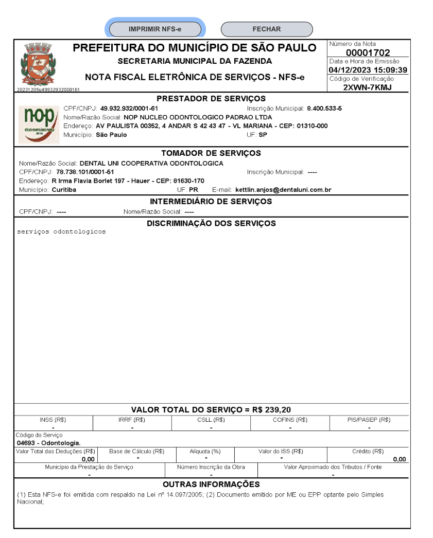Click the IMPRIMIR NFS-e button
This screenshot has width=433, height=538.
154,29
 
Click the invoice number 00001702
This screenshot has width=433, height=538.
368,53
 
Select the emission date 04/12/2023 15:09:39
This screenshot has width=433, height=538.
368,70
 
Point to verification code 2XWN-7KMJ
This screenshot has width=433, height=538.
368,87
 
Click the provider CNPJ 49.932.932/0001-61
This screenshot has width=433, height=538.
129,109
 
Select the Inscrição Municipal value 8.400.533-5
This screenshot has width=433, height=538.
324,109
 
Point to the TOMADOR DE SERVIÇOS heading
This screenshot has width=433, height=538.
211,153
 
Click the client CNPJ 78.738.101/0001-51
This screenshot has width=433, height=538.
85,172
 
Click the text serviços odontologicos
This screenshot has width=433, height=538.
61,231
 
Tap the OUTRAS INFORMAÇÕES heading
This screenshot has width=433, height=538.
211,485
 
